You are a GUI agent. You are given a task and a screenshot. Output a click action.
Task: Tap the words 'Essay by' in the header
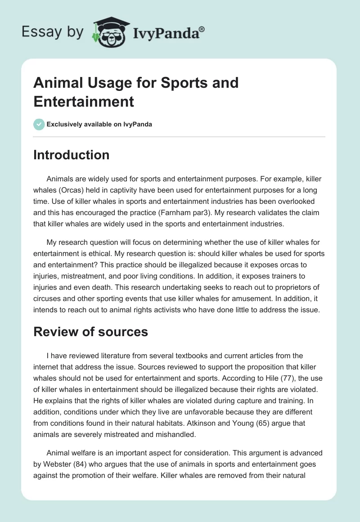(x=53, y=32)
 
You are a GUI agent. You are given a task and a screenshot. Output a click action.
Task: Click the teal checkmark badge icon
(x=39, y=124)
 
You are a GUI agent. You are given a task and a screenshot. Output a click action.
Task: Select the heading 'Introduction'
(x=72, y=155)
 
